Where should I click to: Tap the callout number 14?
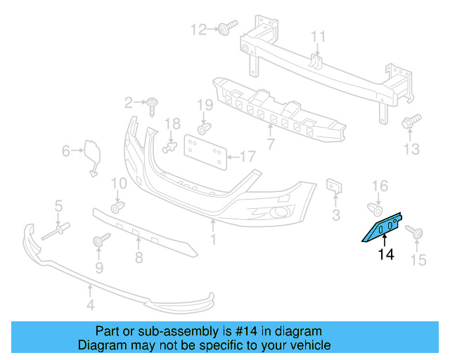(x=386, y=255)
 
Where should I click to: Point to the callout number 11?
(x=319, y=37)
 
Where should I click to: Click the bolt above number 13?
(x=411, y=122)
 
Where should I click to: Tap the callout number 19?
(x=204, y=105)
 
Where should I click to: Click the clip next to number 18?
(x=169, y=147)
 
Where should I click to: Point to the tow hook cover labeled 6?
(x=93, y=154)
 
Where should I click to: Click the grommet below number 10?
(x=118, y=205)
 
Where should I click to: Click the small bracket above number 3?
(x=335, y=186)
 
